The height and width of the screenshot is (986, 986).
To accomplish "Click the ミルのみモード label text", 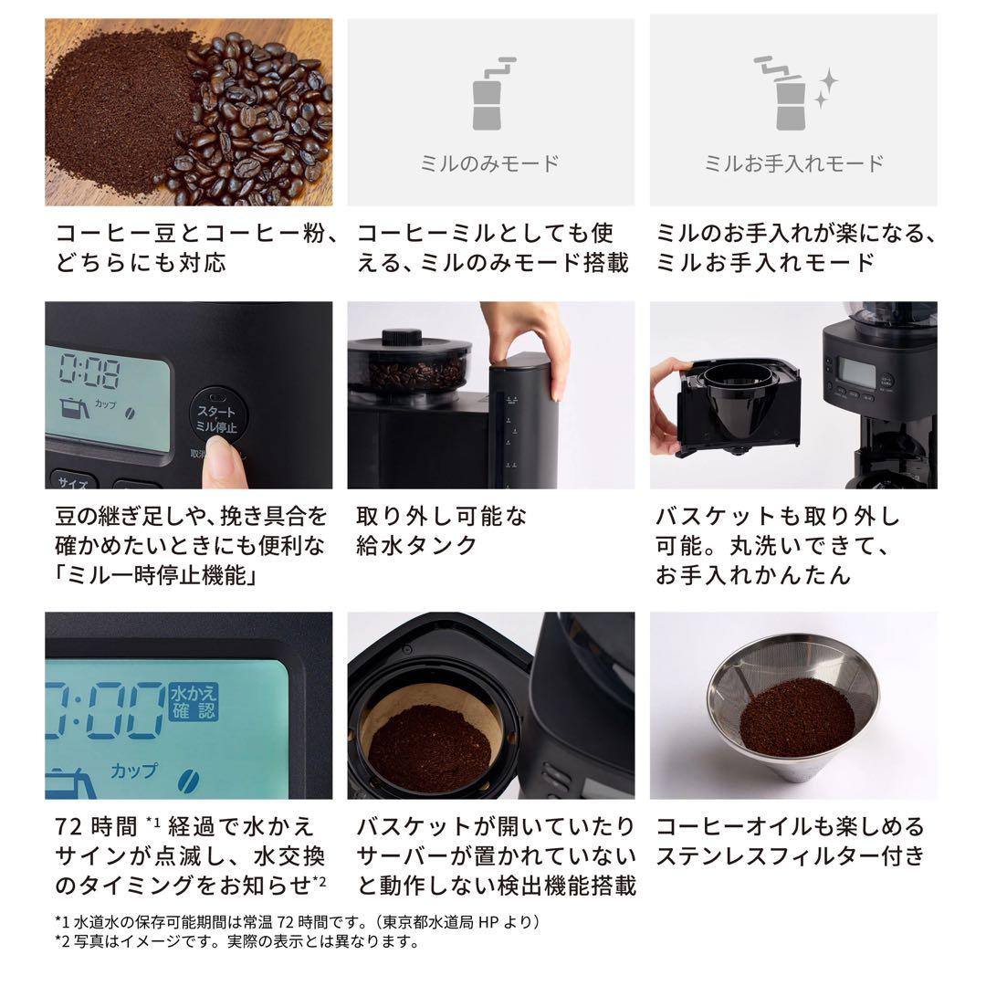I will (490, 164).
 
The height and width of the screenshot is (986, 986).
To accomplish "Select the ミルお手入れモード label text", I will (793, 164).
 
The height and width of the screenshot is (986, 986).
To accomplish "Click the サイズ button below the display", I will (73, 480).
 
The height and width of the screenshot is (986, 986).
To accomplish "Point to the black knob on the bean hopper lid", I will (394, 337).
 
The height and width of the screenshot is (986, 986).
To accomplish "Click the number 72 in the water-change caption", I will (70, 827).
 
